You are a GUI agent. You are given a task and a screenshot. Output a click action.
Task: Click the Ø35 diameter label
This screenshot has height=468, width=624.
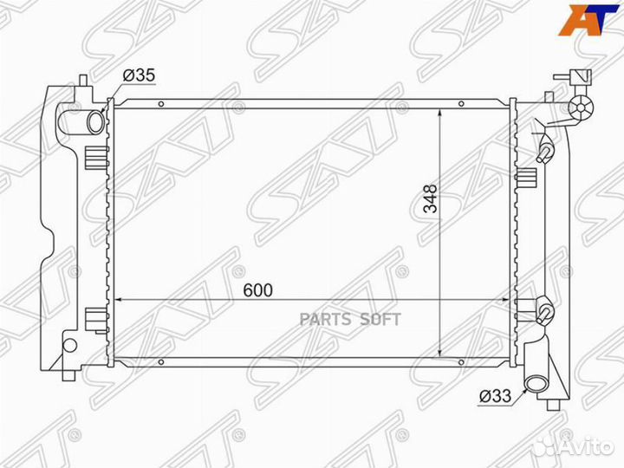coord(139,75)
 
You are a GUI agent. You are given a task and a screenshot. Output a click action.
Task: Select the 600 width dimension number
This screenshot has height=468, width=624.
coord(258,290)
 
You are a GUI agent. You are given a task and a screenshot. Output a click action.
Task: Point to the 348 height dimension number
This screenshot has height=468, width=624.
coord(430,198)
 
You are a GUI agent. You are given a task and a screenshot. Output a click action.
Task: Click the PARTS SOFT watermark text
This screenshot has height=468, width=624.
coord(350,319)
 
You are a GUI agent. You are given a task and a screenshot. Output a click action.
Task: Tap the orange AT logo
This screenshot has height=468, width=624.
coord(588,20)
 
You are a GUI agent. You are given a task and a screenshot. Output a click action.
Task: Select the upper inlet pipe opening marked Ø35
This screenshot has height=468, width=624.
coord(96,122)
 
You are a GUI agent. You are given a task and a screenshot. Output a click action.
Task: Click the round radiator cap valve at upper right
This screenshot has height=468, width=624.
coord(581,107)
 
